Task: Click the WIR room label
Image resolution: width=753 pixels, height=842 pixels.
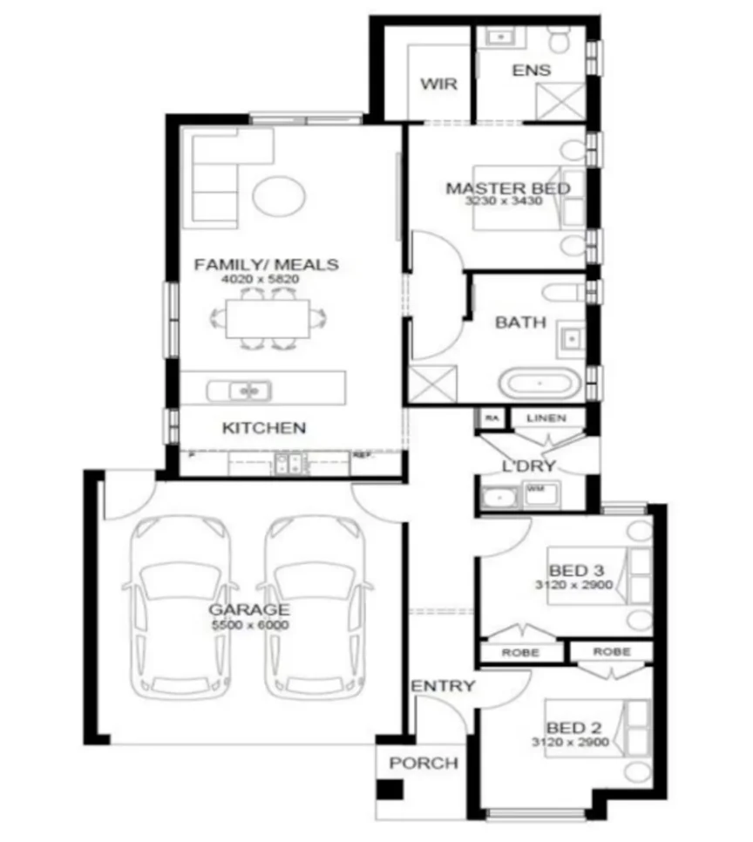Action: point(438,84)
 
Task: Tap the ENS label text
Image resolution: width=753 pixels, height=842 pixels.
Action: point(531,71)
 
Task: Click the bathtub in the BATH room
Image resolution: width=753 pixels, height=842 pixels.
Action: point(539,383)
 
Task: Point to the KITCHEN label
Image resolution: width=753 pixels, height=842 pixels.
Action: point(264,428)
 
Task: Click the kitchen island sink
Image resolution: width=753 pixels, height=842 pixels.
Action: point(240,391)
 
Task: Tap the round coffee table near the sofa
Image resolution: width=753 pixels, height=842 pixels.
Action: point(280,195)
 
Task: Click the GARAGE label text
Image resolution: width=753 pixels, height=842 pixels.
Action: point(248,610)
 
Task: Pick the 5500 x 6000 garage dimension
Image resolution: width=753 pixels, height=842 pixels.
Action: point(250,625)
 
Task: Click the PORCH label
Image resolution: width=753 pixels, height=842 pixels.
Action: point(424,764)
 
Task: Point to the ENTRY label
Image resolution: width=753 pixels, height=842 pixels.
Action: point(444,686)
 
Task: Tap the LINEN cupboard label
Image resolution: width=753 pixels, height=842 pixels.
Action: point(546,419)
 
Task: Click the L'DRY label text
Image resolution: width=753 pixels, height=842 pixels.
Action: point(529,466)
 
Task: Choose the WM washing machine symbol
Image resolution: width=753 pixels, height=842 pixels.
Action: point(535,490)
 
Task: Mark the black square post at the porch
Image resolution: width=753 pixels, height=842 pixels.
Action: point(390,790)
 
